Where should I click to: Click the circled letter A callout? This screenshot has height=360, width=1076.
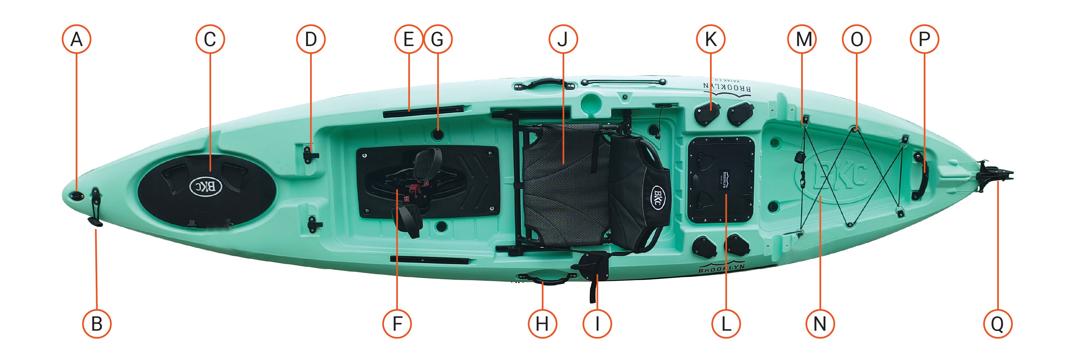coord(77,39)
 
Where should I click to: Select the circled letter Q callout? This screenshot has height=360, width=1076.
coord(997,324)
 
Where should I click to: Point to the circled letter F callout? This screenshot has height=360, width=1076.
coord(397,324)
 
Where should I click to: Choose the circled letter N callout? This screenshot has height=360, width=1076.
coord(820,324)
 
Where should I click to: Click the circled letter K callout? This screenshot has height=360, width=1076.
coord(711,39)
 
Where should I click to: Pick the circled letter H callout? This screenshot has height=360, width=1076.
coord(542,324)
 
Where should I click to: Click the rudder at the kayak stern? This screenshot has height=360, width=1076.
coord(996,176)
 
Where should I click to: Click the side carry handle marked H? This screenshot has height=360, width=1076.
coord(542,278)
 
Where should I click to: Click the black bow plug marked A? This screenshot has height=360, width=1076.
coord(77,196)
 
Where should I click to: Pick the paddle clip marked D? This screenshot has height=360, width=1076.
coord(310,155)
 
